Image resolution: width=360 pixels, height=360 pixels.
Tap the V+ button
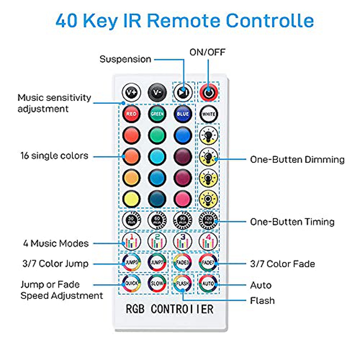[131, 92]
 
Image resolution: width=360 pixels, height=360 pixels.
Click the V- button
[157, 92]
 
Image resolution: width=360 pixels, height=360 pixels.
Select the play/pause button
[183, 92]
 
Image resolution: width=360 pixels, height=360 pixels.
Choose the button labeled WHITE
[208, 114]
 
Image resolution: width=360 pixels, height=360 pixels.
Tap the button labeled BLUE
[183, 114]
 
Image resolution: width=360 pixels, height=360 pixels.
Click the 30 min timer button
[131, 220]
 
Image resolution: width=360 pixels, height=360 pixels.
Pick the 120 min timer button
[208, 220]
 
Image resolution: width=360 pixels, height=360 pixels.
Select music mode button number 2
[157, 241]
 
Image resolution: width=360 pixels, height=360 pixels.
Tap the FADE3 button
[182, 262]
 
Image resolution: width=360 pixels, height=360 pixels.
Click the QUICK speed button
[131, 283]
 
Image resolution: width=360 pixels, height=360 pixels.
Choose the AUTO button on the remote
[208, 283]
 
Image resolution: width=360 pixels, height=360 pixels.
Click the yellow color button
[131, 199]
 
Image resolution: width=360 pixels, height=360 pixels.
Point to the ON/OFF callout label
[207, 52]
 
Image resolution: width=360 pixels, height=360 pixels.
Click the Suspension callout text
[125, 59]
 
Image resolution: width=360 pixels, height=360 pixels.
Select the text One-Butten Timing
[292, 222]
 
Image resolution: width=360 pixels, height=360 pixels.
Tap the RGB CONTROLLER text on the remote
[169, 309]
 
